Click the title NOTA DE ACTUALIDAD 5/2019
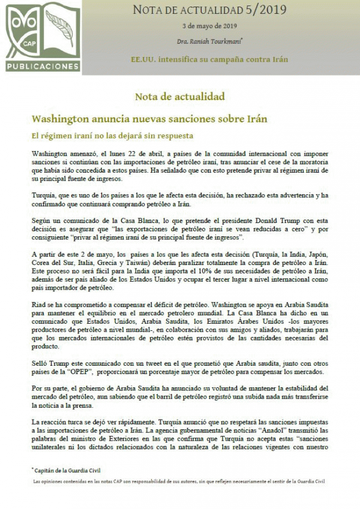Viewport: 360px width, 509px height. pyautogui.click(x=209, y=10)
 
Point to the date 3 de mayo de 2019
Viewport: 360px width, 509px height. pyautogui.click(x=209, y=27)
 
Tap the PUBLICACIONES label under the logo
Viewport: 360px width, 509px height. pyautogui.click(x=43, y=66)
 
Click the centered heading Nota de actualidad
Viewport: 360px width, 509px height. pyautogui.click(x=179, y=96)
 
